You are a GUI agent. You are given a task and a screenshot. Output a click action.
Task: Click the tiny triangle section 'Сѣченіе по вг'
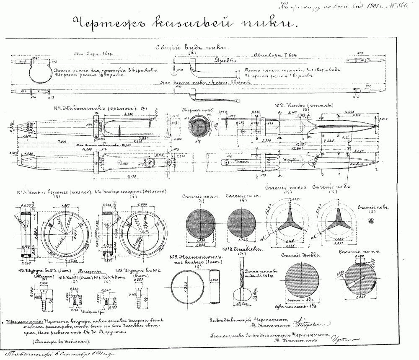pyautogui.click(x=371, y=220)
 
